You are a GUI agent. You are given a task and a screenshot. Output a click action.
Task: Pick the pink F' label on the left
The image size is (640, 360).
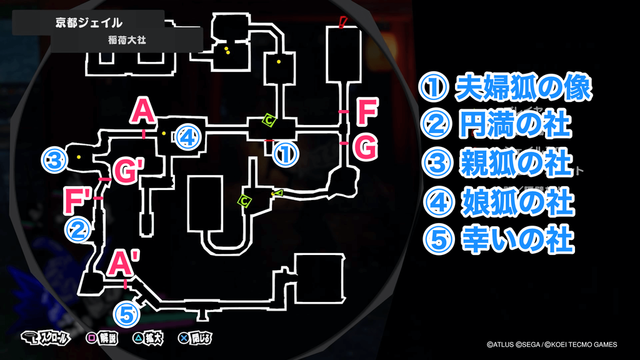click(x=79, y=201)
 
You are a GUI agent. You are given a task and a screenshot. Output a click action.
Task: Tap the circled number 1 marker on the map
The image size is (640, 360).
click(x=285, y=153)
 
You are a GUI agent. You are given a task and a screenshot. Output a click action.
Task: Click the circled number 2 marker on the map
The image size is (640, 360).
click(x=78, y=229)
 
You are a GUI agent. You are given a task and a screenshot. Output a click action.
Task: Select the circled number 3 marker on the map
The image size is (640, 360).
click(x=54, y=161)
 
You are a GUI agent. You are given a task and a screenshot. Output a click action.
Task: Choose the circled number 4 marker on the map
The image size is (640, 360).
click(x=187, y=137)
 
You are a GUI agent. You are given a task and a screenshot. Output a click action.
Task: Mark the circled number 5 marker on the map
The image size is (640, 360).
click(x=126, y=314)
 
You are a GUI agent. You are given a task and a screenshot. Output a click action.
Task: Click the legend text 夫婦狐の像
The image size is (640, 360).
click(x=522, y=89)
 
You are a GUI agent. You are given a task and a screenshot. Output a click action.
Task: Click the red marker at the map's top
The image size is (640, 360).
click(x=342, y=23)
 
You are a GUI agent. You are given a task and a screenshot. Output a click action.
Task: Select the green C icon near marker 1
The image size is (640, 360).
click(x=268, y=119)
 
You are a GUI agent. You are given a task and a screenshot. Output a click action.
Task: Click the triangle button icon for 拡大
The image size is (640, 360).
click(x=137, y=339)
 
